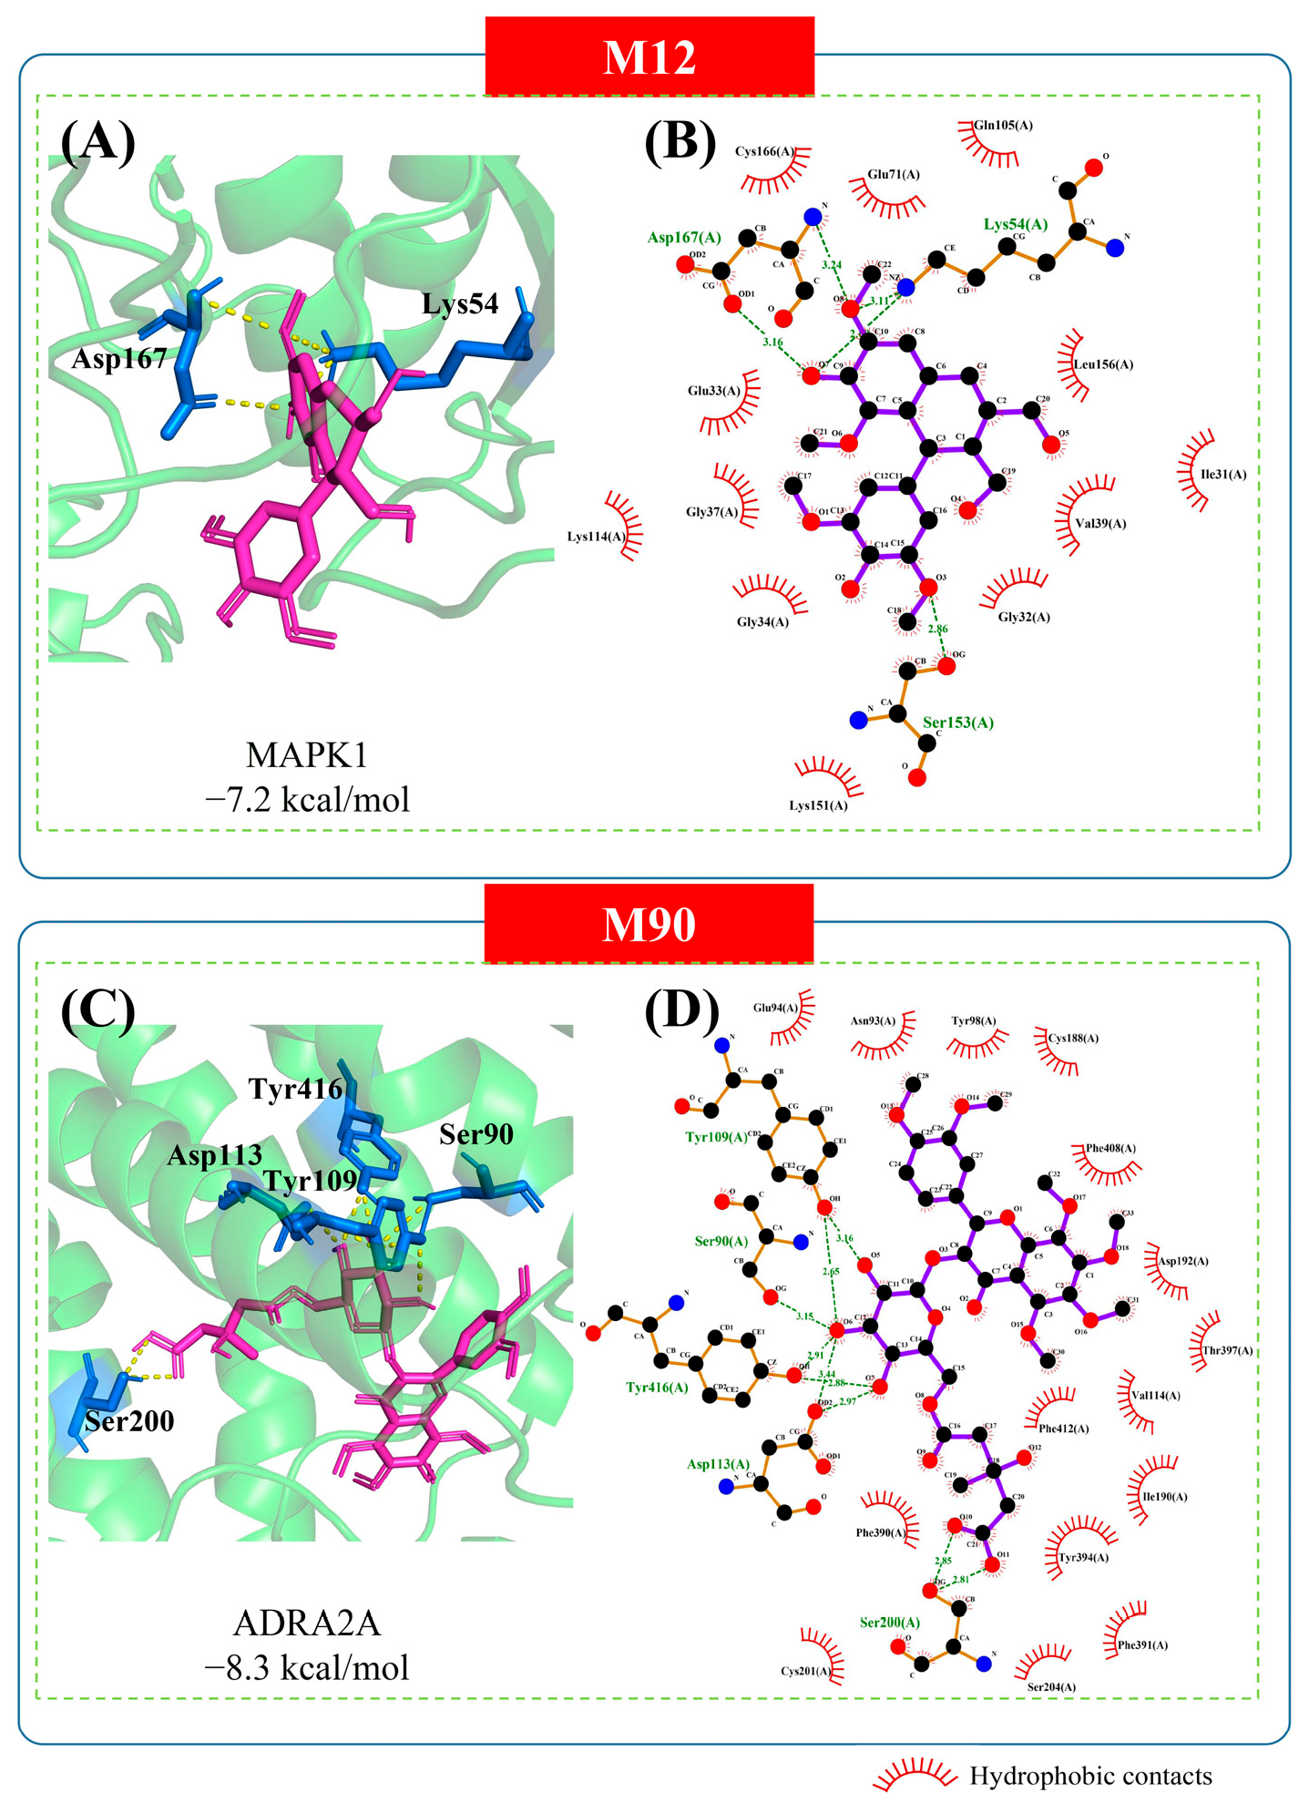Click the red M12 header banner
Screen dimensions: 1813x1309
(649, 56)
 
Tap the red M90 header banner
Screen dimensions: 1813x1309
(649, 924)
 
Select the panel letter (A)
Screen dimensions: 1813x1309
(97, 142)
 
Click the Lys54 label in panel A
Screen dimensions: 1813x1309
(460, 304)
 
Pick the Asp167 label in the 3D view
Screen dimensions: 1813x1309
(119, 359)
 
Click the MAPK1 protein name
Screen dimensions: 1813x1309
(307, 756)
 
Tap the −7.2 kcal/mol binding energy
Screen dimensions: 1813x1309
(307, 800)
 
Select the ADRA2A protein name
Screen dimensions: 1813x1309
(307, 1624)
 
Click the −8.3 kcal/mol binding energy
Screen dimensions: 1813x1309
(307, 1667)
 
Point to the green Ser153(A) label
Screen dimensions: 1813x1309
(958, 722)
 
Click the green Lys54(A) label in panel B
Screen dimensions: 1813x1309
(1016, 224)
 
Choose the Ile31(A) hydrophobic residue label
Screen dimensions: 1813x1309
(1223, 475)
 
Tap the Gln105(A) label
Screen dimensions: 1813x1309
(1003, 126)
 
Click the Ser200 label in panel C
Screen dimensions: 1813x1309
(129, 1421)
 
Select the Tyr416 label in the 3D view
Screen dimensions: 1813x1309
(296, 1089)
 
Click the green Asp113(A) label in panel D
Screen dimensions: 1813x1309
(719, 1464)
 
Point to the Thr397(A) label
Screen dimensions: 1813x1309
(1228, 1351)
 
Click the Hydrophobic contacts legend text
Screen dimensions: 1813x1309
(1090, 1777)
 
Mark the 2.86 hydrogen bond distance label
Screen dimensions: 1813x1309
(937, 630)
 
